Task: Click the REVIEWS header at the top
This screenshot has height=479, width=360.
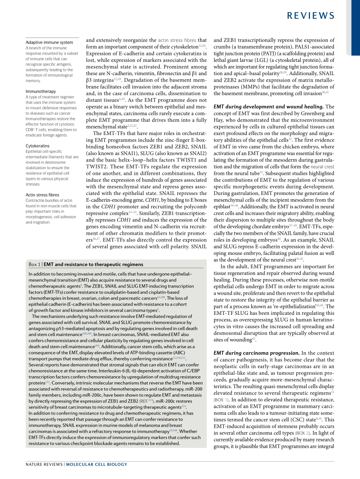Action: pyautogui.click(x=311, y=16)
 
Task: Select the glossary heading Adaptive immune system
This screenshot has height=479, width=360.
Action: pyautogui.click(x=49, y=42)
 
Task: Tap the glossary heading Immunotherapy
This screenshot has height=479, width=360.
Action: pyautogui.click(x=41, y=91)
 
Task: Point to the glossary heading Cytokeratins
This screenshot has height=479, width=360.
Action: pyautogui.click(x=38, y=146)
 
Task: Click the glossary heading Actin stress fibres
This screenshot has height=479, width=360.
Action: pyautogui.click(x=42, y=195)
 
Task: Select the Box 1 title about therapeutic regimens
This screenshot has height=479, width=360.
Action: pyautogui.click(x=93, y=264)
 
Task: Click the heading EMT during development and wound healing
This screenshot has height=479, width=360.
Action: pyautogui.click(x=268, y=107)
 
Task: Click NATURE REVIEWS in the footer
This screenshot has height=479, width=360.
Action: pyautogui.click(x=44, y=465)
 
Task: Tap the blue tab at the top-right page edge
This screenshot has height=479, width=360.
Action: pyautogui.click(x=355, y=28)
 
